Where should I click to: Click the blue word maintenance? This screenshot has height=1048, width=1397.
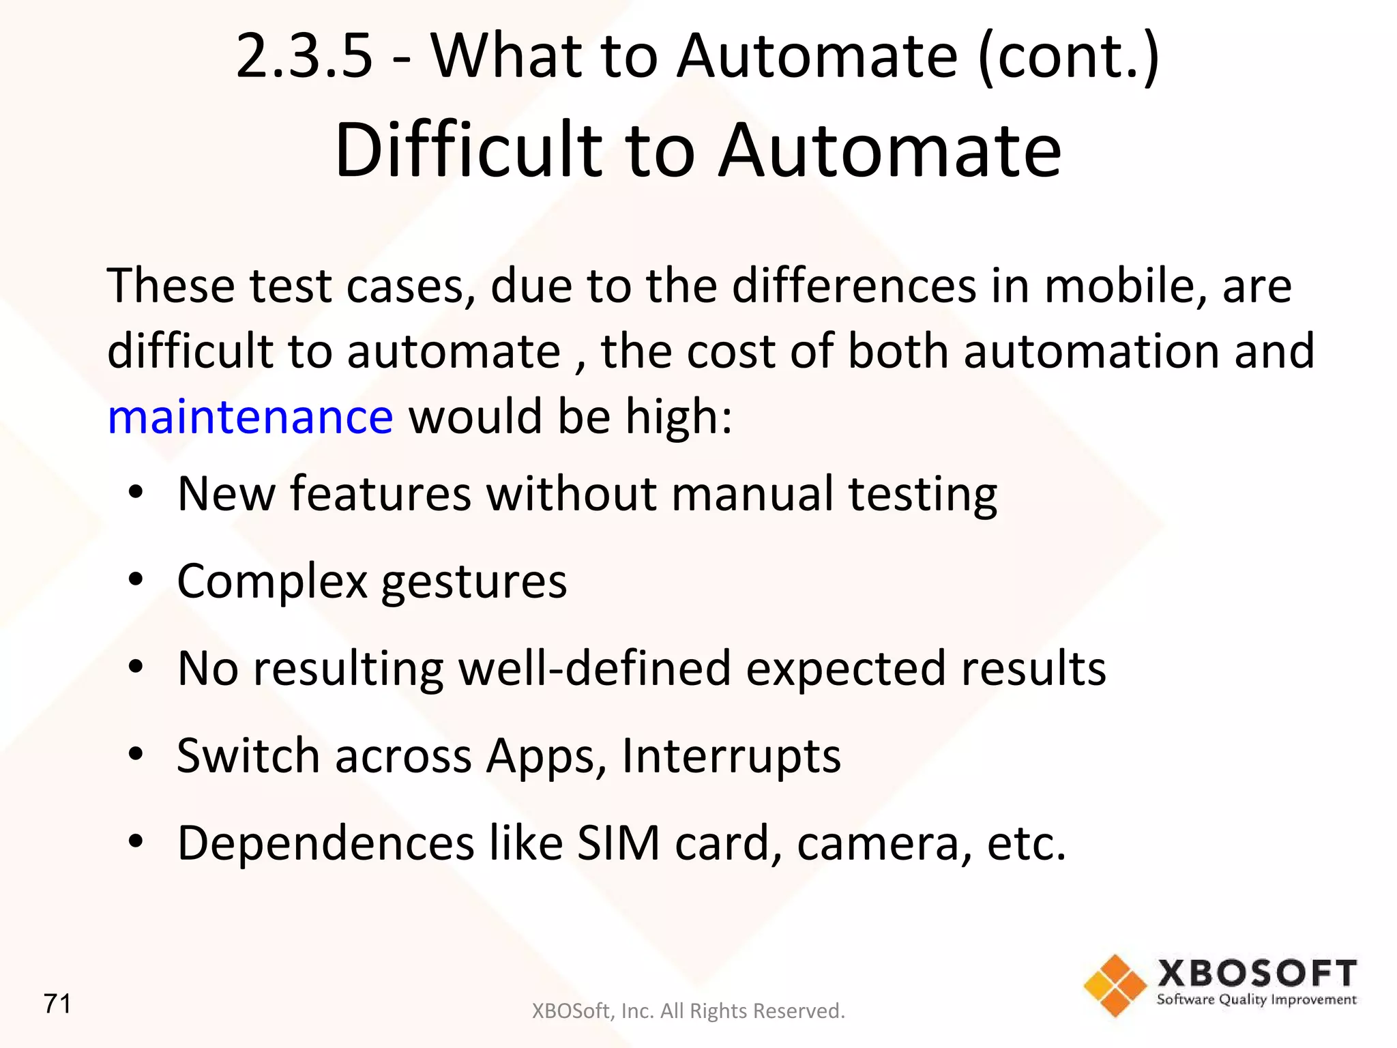coord(250,417)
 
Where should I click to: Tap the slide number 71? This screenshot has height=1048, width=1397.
coord(57,1004)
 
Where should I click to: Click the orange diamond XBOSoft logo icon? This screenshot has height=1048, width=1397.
coord(1115,985)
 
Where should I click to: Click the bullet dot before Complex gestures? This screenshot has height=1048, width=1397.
coord(136,579)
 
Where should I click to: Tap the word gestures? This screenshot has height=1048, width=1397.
coord(474,582)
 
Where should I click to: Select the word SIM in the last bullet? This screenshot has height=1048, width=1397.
coord(618,843)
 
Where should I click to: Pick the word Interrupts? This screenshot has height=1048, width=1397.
coord(731,756)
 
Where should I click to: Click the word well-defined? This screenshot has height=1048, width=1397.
coord(594,668)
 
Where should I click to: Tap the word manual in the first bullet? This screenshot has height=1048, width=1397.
coord(752,493)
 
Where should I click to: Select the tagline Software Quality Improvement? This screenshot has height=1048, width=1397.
coord(1256,1000)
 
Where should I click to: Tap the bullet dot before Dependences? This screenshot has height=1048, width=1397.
coord(136,841)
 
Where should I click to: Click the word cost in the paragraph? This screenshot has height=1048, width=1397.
coord(731,351)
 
